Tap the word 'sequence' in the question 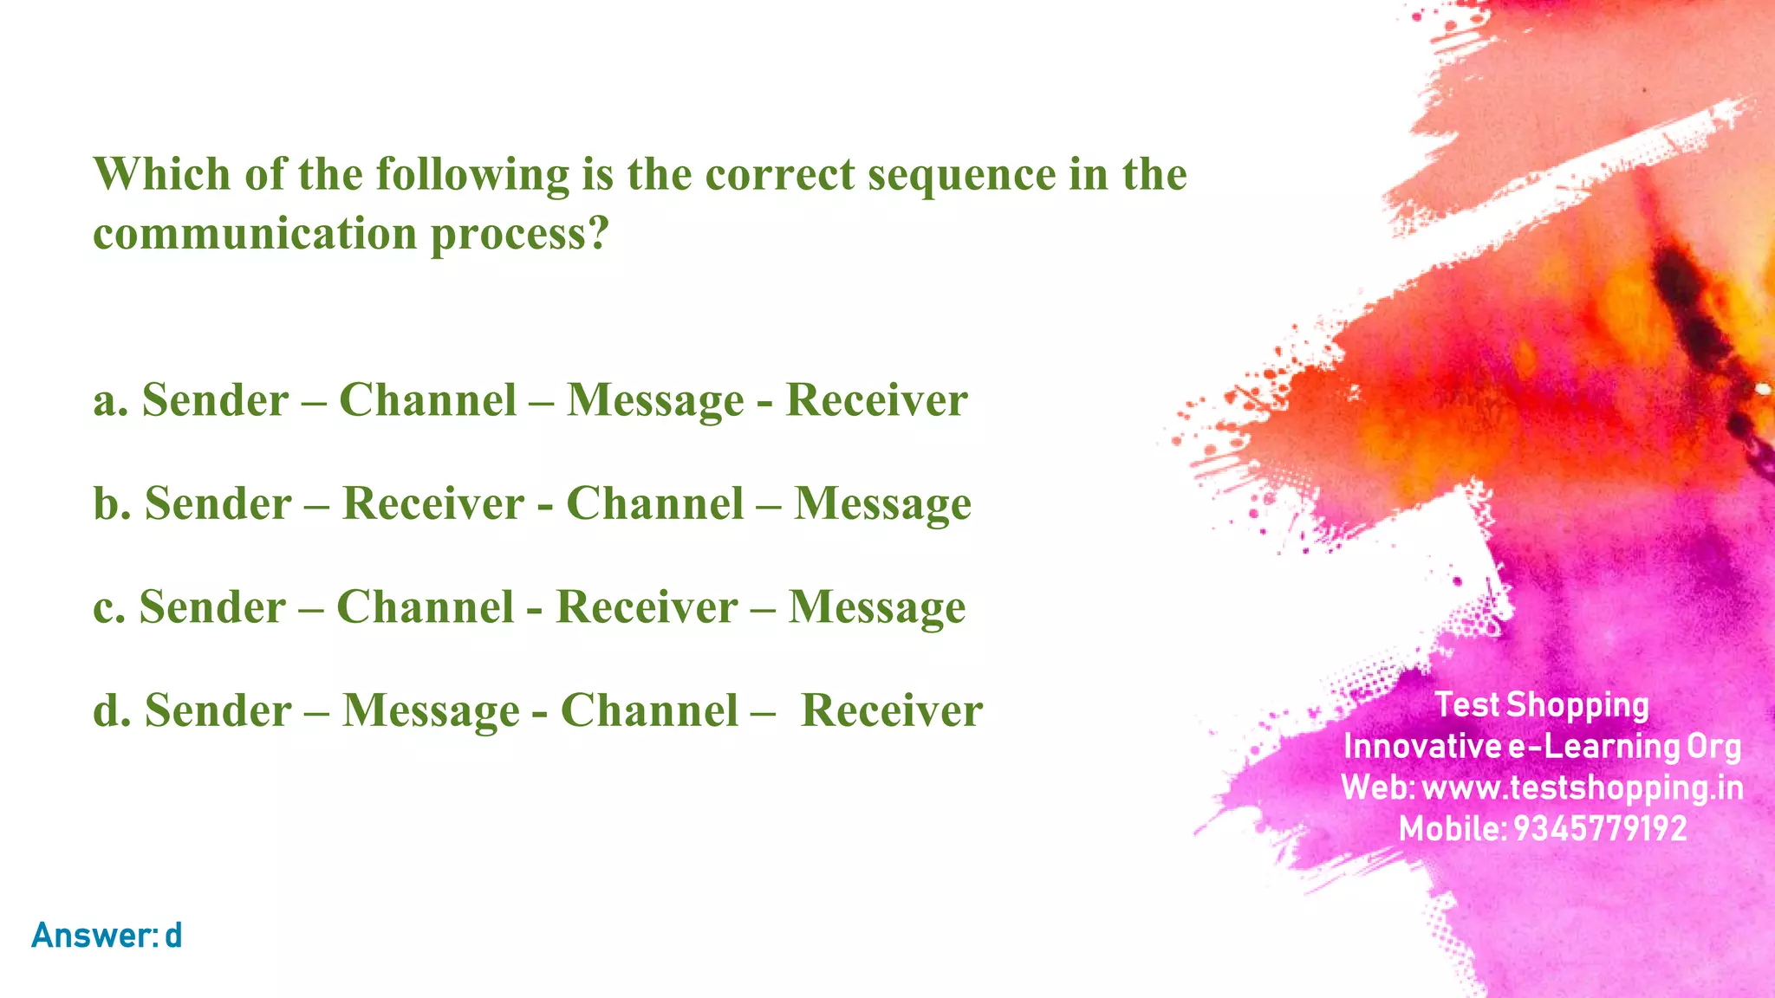962,176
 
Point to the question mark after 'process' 599,234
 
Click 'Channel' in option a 427,400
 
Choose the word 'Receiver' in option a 876,400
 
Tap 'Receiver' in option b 433,503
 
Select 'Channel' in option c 425,606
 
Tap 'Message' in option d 431,711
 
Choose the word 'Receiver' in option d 892,710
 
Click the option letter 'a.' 111,401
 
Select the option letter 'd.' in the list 112,710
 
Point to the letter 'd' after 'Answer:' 173,936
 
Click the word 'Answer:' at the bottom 94,936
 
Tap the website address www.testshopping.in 1583,788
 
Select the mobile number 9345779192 1600,829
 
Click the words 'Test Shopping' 1542,705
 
